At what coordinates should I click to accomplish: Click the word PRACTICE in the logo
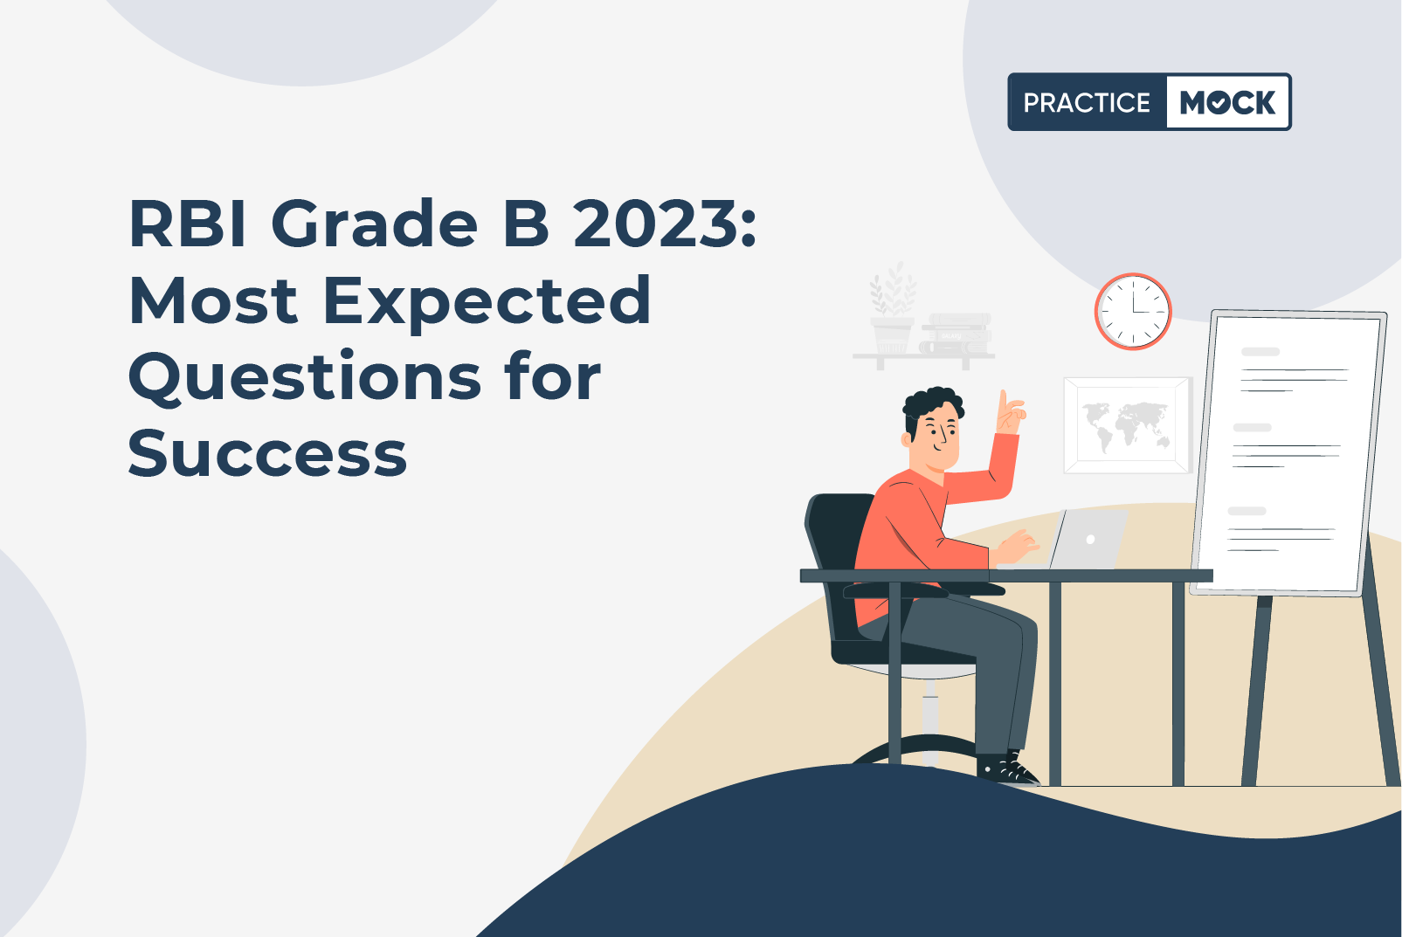pyautogui.click(x=1087, y=102)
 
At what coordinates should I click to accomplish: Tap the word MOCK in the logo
pyautogui.click(x=1227, y=102)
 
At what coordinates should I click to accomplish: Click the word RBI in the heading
pyautogui.click(x=187, y=224)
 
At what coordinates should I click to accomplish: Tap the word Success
pyautogui.click(x=268, y=453)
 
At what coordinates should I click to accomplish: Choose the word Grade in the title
pyautogui.click(x=374, y=224)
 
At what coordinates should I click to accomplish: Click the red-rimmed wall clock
pyautogui.click(x=1133, y=312)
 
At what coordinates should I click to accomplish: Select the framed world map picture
pyautogui.click(x=1127, y=425)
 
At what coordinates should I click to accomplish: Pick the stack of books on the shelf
pyautogui.click(x=956, y=334)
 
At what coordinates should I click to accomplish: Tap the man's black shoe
pyautogui.click(x=1008, y=769)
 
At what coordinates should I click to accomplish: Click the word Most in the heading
pyautogui.click(x=213, y=301)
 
